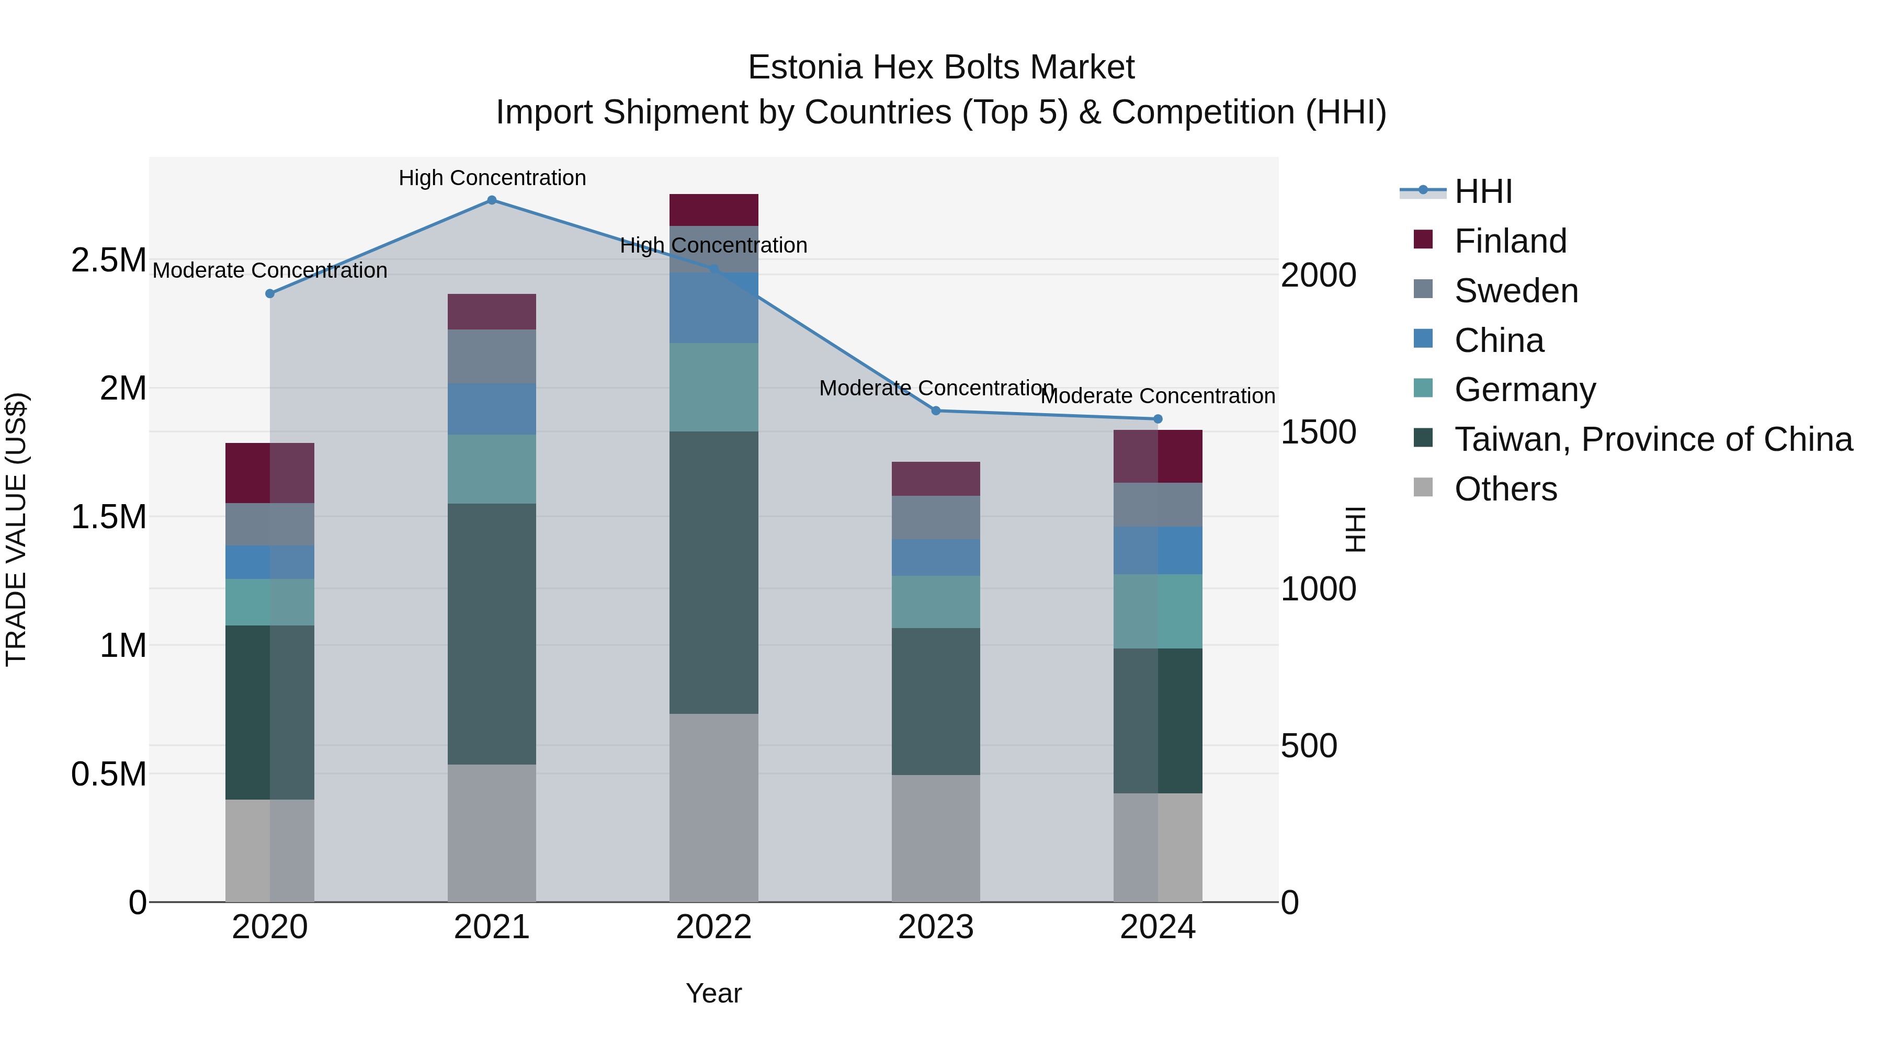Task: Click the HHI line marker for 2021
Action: (x=492, y=200)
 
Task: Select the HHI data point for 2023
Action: (x=936, y=411)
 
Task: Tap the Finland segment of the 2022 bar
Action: (x=713, y=210)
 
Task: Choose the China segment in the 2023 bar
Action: (x=936, y=557)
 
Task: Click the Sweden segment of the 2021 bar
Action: (x=492, y=356)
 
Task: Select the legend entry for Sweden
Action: (x=1516, y=291)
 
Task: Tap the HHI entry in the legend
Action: (x=1483, y=191)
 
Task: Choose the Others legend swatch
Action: (x=1423, y=487)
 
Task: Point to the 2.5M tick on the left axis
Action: (x=108, y=260)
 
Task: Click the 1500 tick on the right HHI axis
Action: (x=1319, y=432)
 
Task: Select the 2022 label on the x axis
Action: (x=713, y=927)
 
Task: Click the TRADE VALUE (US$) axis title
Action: (x=16, y=529)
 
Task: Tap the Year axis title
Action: (x=713, y=993)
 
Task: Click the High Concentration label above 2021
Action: (x=492, y=178)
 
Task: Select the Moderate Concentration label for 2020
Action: (x=270, y=270)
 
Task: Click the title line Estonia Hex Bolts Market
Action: (x=941, y=67)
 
